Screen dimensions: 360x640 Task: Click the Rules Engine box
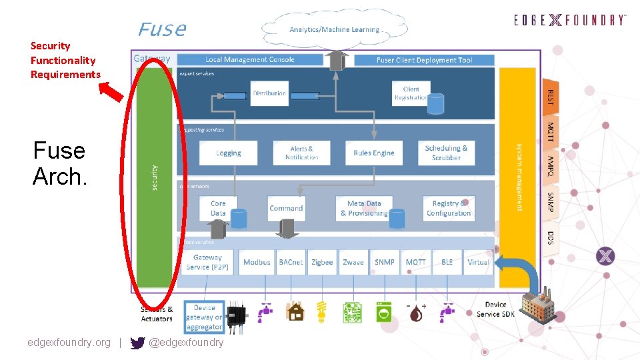pos(373,153)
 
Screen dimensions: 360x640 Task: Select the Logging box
pos(229,153)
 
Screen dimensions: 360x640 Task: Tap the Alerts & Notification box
pos(301,153)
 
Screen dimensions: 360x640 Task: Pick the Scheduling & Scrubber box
pos(446,153)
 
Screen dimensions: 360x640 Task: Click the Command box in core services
pos(286,208)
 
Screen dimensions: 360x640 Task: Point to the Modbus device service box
pos(257,262)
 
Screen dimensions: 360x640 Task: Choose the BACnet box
pos(291,262)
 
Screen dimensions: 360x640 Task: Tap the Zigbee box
pos(322,262)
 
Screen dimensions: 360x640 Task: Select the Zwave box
pos(353,262)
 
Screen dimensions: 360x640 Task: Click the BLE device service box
pos(447,262)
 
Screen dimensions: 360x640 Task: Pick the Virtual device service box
pos(478,262)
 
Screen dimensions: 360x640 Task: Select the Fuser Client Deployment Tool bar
pos(424,60)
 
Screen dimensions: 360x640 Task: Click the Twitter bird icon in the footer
pos(137,343)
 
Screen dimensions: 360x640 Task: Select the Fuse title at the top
pos(161,29)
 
